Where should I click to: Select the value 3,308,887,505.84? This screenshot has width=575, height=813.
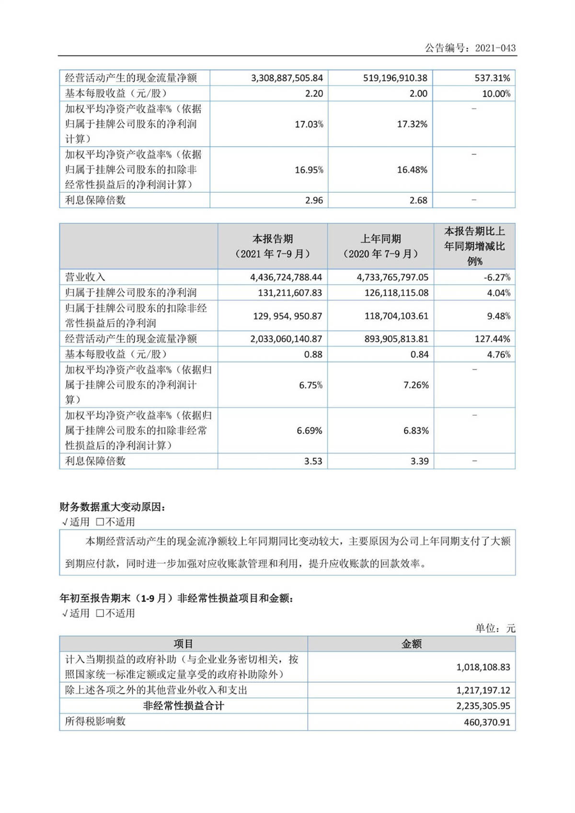pyautogui.click(x=287, y=78)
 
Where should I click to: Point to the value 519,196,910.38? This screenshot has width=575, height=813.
pyautogui.click(x=395, y=78)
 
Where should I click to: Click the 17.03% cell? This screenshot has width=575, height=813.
pyautogui.click(x=309, y=124)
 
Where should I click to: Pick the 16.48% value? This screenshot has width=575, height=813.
pyautogui.click(x=412, y=170)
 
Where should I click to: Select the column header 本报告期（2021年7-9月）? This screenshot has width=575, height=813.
pyautogui.click(x=273, y=246)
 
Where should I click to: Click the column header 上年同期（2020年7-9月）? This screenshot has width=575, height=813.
pyautogui.click(x=380, y=246)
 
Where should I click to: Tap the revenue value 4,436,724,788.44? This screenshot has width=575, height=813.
pyautogui.click(x=286, y=277)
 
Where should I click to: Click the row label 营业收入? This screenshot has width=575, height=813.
pyautogui.click(x=85, y=277)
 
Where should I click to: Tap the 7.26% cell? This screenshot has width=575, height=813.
pyautogui.click(x=416, y=385)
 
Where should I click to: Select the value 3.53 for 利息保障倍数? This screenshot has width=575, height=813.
pyautogui.click(x=313, y=461)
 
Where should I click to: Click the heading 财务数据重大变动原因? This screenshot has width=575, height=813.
pyautogui.click(x=112, y=507)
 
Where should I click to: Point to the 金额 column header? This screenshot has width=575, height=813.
pyautogui.click(x=411, y=644)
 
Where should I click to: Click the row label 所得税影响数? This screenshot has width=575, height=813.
pyautogui.click(x=95, y=721)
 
